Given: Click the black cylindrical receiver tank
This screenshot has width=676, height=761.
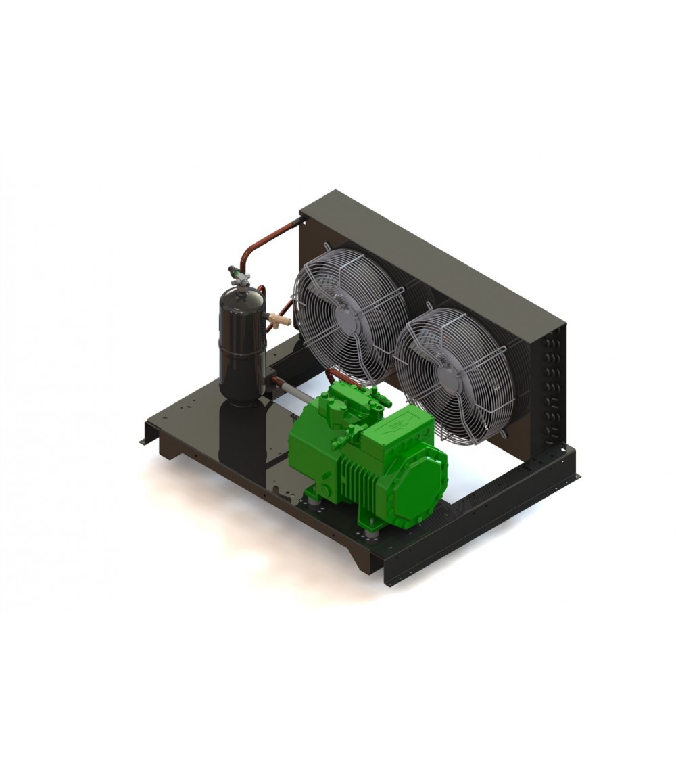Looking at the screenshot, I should (240, 345).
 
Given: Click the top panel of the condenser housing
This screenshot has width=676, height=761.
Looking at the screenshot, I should (433, 250).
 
